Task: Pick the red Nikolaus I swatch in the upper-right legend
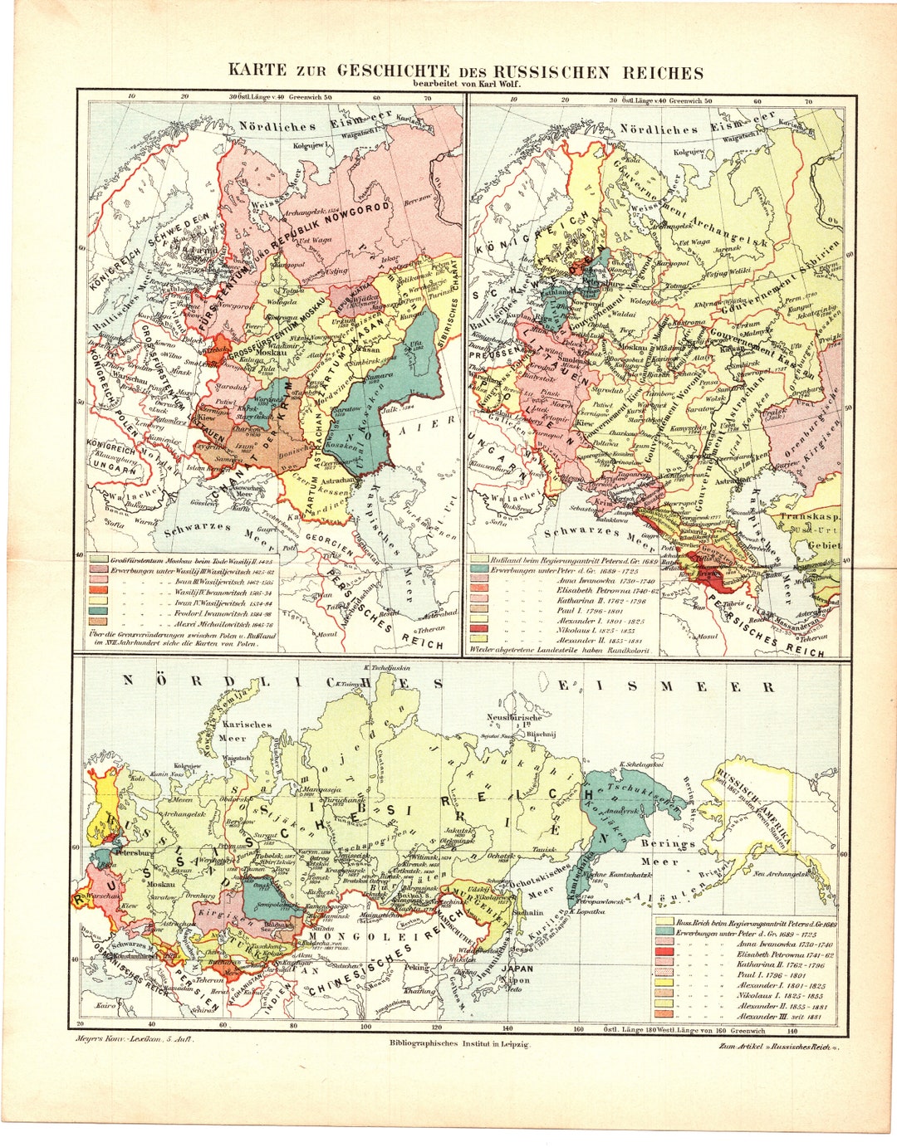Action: tap(478, 628)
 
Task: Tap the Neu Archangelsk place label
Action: tap(783, 873)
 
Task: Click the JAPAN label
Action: tap(517, 968)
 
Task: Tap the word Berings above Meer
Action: tap(667, 843)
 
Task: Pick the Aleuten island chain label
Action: tap(660, 898)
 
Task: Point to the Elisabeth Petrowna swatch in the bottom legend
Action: tap(664, 955)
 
